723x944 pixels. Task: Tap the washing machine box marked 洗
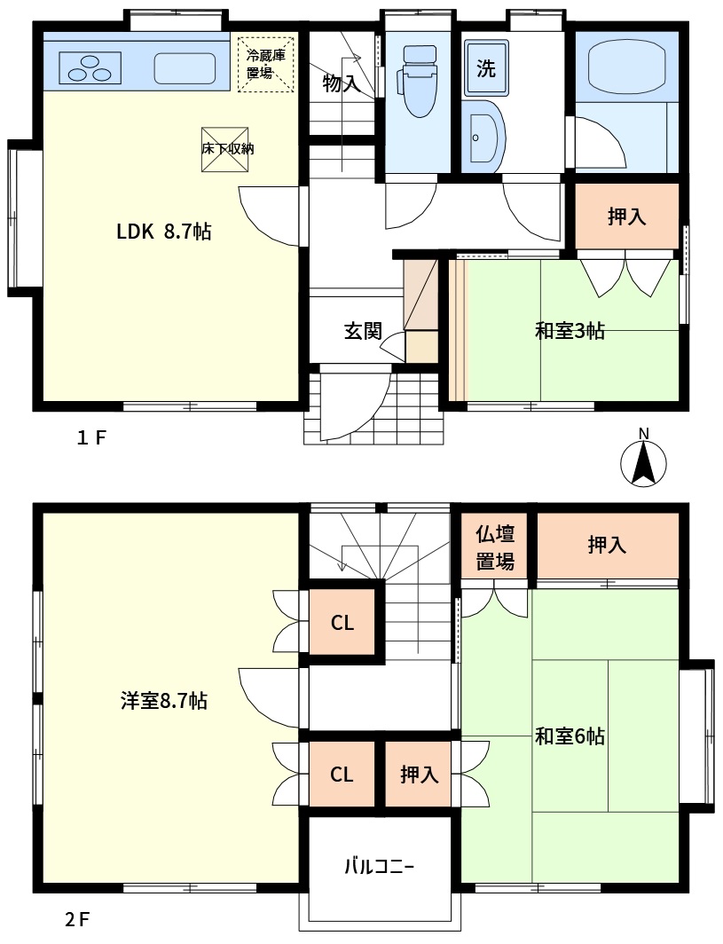(x=486, y=68)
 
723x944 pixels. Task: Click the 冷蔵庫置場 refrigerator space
(x=266, y=65)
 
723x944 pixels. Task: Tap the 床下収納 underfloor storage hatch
(x=225, y=149)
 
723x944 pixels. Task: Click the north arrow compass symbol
(x=643, y=461)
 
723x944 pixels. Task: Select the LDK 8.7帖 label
(x=164, y=232)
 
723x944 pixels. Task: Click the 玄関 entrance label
(x=363, y=331)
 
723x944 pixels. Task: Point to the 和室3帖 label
(x=570, y=331)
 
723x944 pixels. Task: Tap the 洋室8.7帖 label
(x=164, y=701)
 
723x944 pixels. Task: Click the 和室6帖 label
(x=570, y=736)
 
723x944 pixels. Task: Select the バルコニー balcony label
(x=380, y=866)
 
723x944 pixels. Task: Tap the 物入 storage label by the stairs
(x=342, y=83)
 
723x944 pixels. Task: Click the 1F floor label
(x=90, y=437)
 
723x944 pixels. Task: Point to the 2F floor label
(x=77, y=920)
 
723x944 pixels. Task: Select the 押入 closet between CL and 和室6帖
(x=419, y=775)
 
